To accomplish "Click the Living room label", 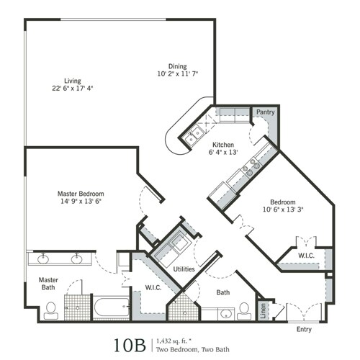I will pos(72,81).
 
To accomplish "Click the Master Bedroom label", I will pos(81,194).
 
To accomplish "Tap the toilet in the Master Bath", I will pos(50,310).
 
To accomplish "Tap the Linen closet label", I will pos(263,311).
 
